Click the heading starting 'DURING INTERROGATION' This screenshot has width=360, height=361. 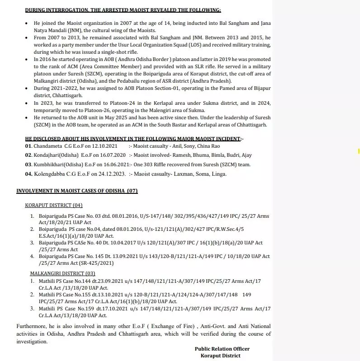click(x=123, y=9)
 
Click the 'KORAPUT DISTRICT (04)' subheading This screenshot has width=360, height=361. click(x=54, y=205)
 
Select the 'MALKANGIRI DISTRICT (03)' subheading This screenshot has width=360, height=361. click(x=62, y=274)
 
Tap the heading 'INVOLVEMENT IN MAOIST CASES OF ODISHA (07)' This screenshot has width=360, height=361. click(x=77, y=191)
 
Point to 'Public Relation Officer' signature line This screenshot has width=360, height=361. click(x=222, y=349)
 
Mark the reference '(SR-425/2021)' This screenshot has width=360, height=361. click(x=95, y=263)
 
